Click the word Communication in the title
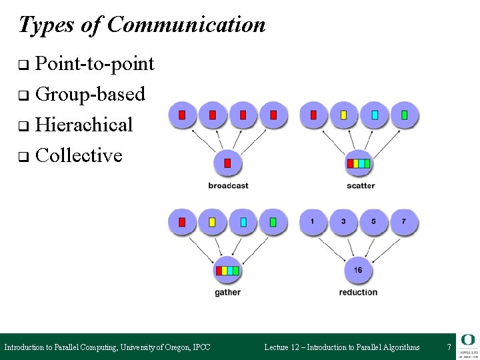(186, 25)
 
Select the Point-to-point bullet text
(95, 64)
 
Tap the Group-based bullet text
(90, 95)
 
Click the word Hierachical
(84, 125)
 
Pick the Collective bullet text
(79, 155)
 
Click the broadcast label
(228, 185)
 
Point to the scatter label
(361, 185)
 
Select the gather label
(227, 292)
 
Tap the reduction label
(358, 292)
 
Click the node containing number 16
(358, 270)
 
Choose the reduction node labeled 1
(313, 221)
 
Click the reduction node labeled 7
(404, 221)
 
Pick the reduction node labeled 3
(343, 221)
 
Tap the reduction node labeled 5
(374, 221)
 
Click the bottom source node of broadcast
(228, 163)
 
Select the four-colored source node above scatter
(359, 163)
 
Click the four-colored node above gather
(227, 270)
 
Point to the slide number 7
(449, 347)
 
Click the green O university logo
(467, 340)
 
